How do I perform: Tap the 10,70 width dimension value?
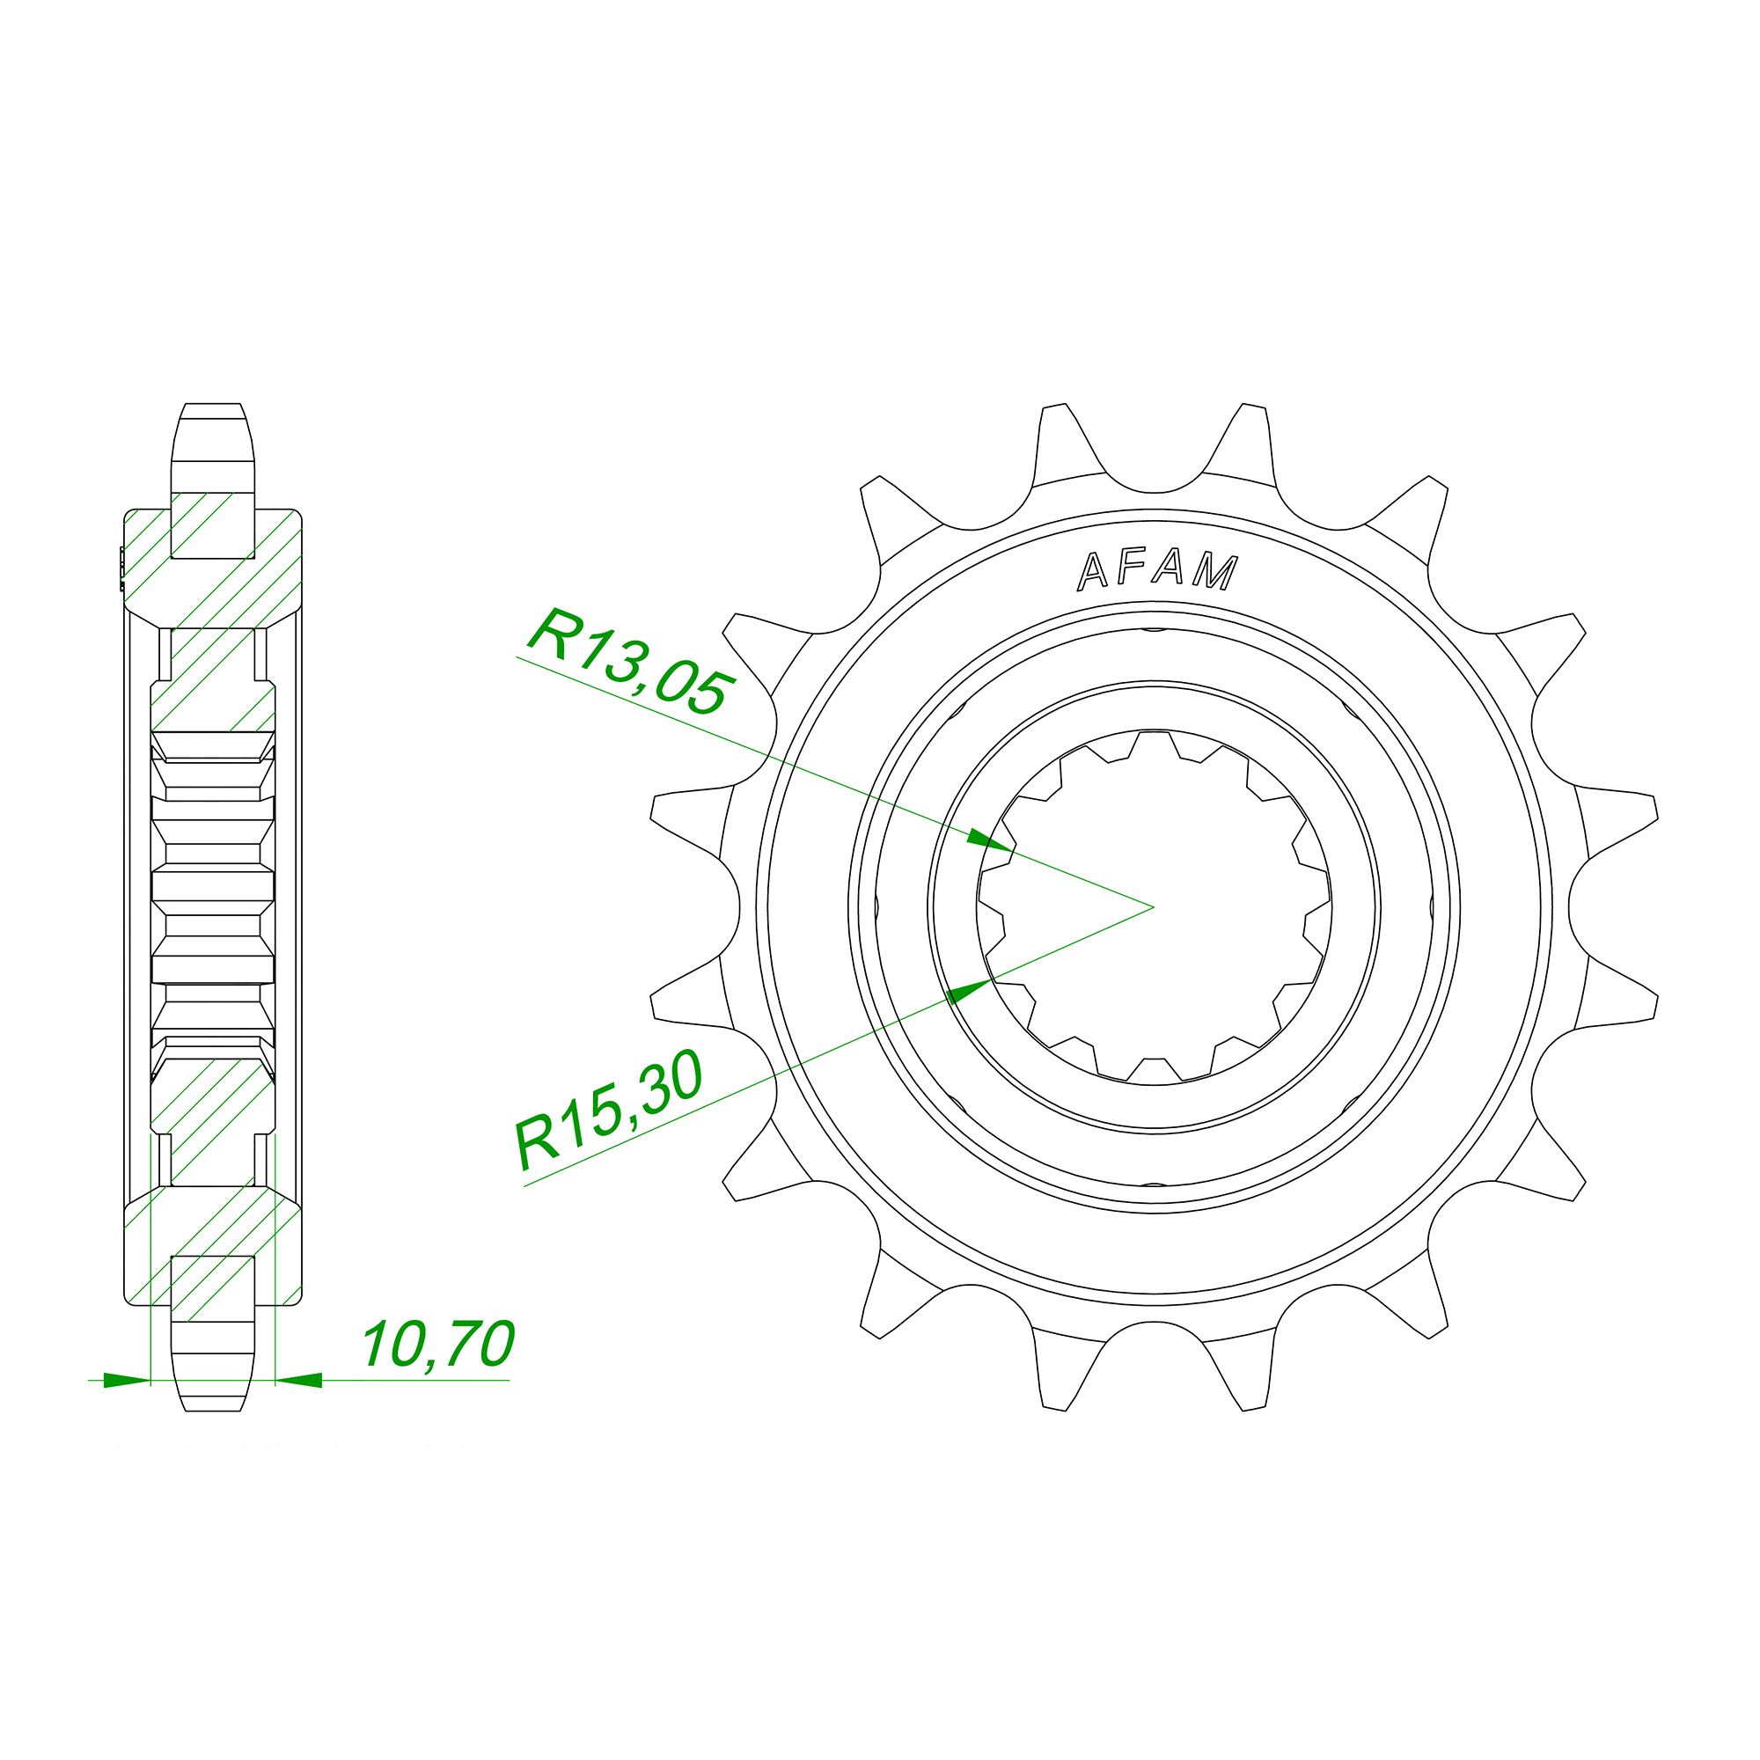pos(438,1345)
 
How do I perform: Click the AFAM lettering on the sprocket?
pos(1158,572)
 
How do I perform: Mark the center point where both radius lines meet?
pos(1154,906)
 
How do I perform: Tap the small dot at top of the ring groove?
pos(1154,629)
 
